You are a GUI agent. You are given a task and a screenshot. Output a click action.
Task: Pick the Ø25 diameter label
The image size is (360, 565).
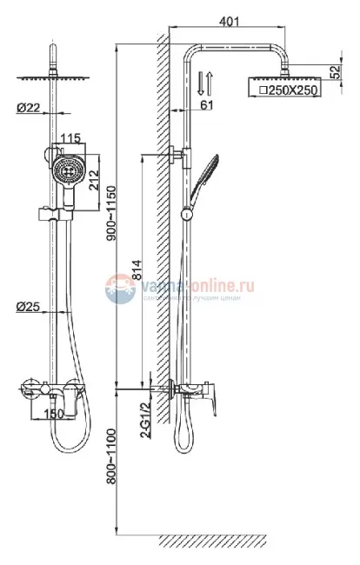[27, 307]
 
